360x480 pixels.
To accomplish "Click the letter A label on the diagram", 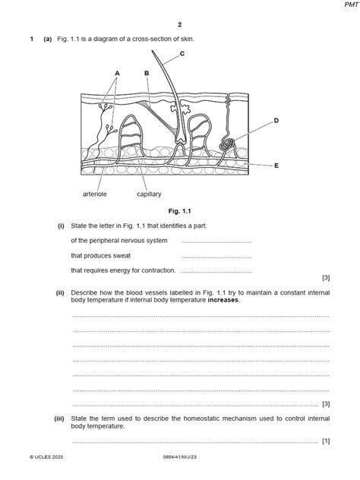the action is coord(118,73).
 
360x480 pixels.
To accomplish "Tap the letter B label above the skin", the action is coord(146,73).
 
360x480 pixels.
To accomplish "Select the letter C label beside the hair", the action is coord(182,53).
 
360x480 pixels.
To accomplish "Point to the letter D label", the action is coord(276,121).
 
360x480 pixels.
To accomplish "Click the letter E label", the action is coord(276,165).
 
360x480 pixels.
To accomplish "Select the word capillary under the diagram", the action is coord(149,194).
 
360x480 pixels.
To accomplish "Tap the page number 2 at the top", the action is coord(180,24).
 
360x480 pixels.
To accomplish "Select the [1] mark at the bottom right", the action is coord(325,441).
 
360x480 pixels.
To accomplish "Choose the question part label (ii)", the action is coord(61,291).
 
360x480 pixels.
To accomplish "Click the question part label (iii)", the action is coord(60,418).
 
